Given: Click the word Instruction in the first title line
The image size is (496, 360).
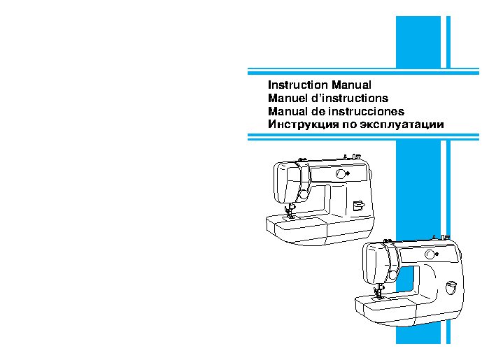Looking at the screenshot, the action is click(x=297, y=85).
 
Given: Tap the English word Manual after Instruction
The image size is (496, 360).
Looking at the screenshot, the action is click(x=351, y=85).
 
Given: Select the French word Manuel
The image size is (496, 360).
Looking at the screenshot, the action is click(x=288, y=98).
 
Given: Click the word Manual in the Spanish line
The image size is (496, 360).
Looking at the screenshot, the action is click(x=288, y=111).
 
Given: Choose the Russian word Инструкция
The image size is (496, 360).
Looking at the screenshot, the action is click(x=303, y=124).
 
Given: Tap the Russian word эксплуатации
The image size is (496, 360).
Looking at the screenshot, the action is click(x=402, y=124).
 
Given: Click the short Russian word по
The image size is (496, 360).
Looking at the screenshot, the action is click(x=350, y=124).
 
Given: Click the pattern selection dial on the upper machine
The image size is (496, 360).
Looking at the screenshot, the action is click(x=341, y=174).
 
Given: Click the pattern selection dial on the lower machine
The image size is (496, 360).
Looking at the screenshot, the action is click(x=430, y=254).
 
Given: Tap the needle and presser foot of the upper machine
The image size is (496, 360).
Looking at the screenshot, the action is click(x=290, y=211).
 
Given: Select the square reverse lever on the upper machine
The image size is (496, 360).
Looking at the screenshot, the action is click(x=359, y=206).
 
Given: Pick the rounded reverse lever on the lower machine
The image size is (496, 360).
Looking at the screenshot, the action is click(x=451, y=287).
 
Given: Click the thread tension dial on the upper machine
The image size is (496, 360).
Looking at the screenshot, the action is click(x=304, y=194).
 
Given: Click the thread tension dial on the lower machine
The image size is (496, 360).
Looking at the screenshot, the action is click(x=392, y=275).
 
